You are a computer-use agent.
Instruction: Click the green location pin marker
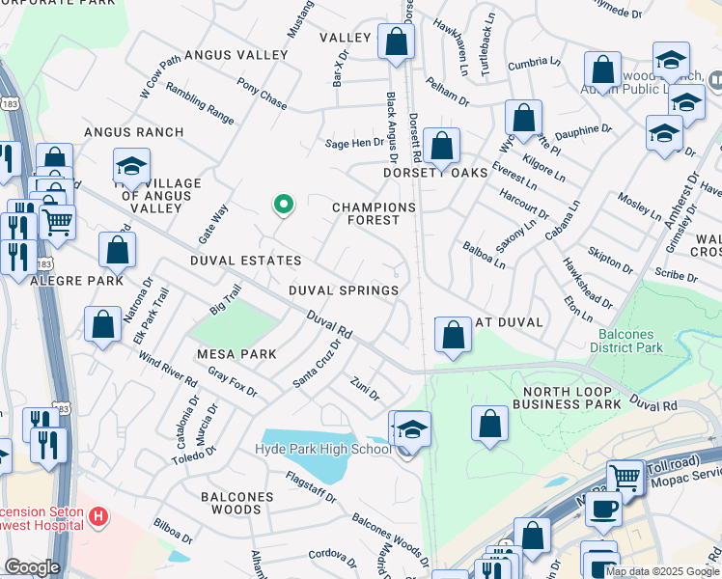tap(283, 205)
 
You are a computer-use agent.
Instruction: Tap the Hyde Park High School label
tap(322, 449)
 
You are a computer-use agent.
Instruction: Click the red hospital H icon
tap(97, 517)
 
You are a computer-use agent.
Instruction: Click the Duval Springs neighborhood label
tap(343, 290)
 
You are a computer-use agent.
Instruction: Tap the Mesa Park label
tap(237, 354)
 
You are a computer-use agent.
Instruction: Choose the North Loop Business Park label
tap(570, 398)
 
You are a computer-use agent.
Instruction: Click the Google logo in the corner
tap(32, 567)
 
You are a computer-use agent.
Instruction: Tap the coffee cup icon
tap(603, 508)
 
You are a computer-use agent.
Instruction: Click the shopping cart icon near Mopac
tap(625, 476)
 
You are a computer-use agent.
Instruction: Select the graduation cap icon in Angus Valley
tap(131, 165)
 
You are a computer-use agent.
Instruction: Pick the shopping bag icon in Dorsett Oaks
tap(441, 147)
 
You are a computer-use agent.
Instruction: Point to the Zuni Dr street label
tap(365, 388)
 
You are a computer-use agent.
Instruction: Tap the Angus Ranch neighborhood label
tap(133, 131)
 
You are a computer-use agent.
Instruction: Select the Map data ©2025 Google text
tap(662, 571)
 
